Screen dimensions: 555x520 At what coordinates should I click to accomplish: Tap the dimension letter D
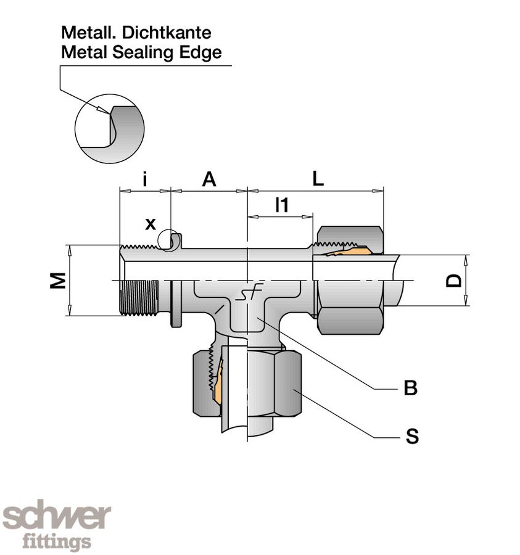(x=455, y=281)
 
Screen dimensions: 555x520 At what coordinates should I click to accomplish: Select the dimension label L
(x=318, y=179)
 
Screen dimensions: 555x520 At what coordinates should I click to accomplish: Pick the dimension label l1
(x=281, y=205)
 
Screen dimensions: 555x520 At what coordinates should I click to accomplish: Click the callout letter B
(x=410, y=388)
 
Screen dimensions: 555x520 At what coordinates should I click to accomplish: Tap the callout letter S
(x=412, y=437)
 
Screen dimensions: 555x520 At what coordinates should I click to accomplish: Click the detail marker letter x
(x=151, y=223)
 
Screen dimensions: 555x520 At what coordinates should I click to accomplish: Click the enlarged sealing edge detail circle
(x=109, y=129)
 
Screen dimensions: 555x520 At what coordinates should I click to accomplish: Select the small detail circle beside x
(x=168, y=240)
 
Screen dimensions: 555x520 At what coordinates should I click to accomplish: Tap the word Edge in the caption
(x=199, y=52)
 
